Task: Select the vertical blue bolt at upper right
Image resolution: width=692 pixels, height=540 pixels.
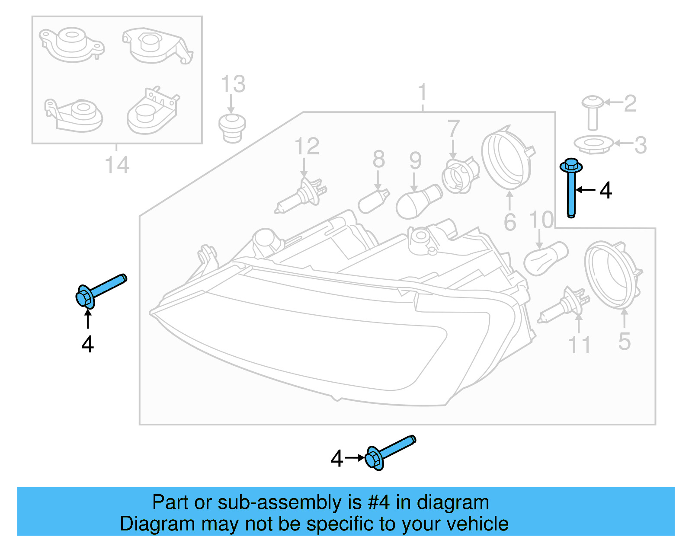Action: tap(571, 188)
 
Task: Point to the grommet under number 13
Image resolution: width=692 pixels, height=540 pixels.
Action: tap(232, 127)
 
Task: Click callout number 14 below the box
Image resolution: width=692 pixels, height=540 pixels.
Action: tap(117, 165)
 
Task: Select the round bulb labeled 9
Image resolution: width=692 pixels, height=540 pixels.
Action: tap(418, 201)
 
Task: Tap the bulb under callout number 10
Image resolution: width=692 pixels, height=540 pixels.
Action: tap(545, 258)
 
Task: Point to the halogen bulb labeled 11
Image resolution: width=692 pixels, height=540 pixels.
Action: tap(564, 305)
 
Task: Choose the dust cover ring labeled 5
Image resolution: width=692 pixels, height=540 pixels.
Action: tap(612, 275)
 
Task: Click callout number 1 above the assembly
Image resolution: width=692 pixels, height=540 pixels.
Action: tap(423, 93)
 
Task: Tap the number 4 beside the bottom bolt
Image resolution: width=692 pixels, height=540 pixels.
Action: tap(337, 458)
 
